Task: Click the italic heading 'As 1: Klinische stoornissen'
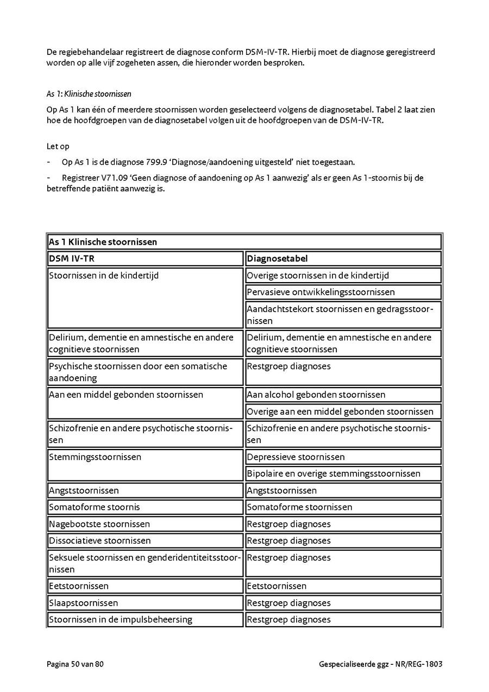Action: coord(89,93)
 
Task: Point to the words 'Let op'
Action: coord(58,146)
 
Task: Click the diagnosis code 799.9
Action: coord(154,162)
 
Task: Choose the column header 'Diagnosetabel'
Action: coord(277,259)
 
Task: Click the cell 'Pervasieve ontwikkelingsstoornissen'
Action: coord(321,292)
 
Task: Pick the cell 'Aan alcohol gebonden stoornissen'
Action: coord(316,395)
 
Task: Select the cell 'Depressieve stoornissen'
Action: coord(296,457)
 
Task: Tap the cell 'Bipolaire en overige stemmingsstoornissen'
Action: coord(334,473)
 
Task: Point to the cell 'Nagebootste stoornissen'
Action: coord(99,524)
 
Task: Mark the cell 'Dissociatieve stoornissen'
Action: coord(100,541)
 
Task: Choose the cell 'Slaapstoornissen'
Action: coord(83,603)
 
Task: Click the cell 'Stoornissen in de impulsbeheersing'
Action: coord(121,620)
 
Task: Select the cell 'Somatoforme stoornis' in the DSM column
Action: coord(95,507)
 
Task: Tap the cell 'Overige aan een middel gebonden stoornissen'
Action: coord(340,412)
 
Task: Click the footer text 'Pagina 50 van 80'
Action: coord(75,664)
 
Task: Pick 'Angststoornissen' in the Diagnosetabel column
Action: coord(281,491)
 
